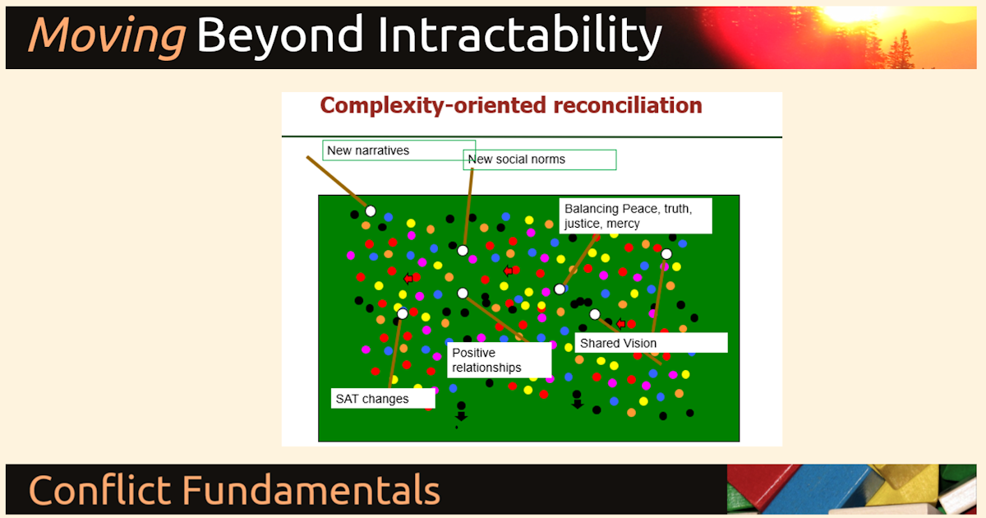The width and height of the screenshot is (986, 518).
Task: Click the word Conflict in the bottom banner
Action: [x=99, y=490]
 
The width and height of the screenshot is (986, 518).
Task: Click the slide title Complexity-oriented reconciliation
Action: [x=510, y=105]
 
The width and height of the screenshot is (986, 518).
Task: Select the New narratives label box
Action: [x=399, y=150]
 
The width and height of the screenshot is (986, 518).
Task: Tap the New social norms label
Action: [x=540, y=160]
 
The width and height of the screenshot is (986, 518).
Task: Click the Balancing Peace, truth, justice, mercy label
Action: [x=635, y=216]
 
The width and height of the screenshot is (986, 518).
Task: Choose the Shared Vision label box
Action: [x=651, y=343]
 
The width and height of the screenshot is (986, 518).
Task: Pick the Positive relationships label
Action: [x=499, y=360]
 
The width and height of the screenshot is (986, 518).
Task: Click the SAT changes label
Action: [x=382, y=399]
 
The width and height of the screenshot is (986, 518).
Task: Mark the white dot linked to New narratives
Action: [x=371, y=211]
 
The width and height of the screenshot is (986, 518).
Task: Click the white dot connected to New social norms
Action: [x=463, y=251]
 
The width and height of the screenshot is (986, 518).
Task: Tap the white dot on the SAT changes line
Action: [x=403, y=314]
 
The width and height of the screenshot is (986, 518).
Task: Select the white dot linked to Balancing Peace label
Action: [x=560, y=289]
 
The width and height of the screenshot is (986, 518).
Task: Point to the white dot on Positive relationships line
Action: [x=463, y=293]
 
